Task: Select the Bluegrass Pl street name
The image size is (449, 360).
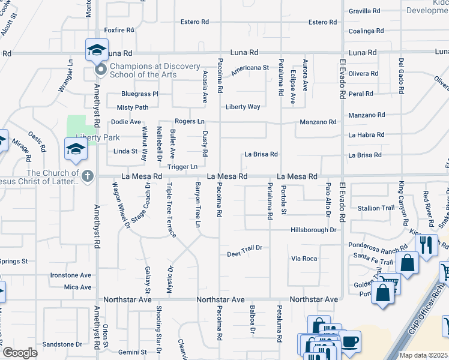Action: (x=139, y=94)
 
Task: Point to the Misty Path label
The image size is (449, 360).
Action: (x=133, y=107)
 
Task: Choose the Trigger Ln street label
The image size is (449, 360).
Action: (x=182, y=166)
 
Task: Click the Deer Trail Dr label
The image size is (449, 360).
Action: (x=245, y=247)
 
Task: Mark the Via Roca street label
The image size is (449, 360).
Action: (x=304, y=259)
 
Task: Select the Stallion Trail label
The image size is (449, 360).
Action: (x=376, y=208)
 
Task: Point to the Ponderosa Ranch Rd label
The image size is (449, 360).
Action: (x=378, y=245)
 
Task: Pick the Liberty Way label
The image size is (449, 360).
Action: (x=243, y=107)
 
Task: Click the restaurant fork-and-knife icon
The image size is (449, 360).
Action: (x=427, y=244)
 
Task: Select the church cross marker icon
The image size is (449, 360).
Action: (x=88, y=176)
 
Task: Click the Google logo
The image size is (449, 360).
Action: (x=20, y=353)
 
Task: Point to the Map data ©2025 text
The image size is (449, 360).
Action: (x=423, y=355)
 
